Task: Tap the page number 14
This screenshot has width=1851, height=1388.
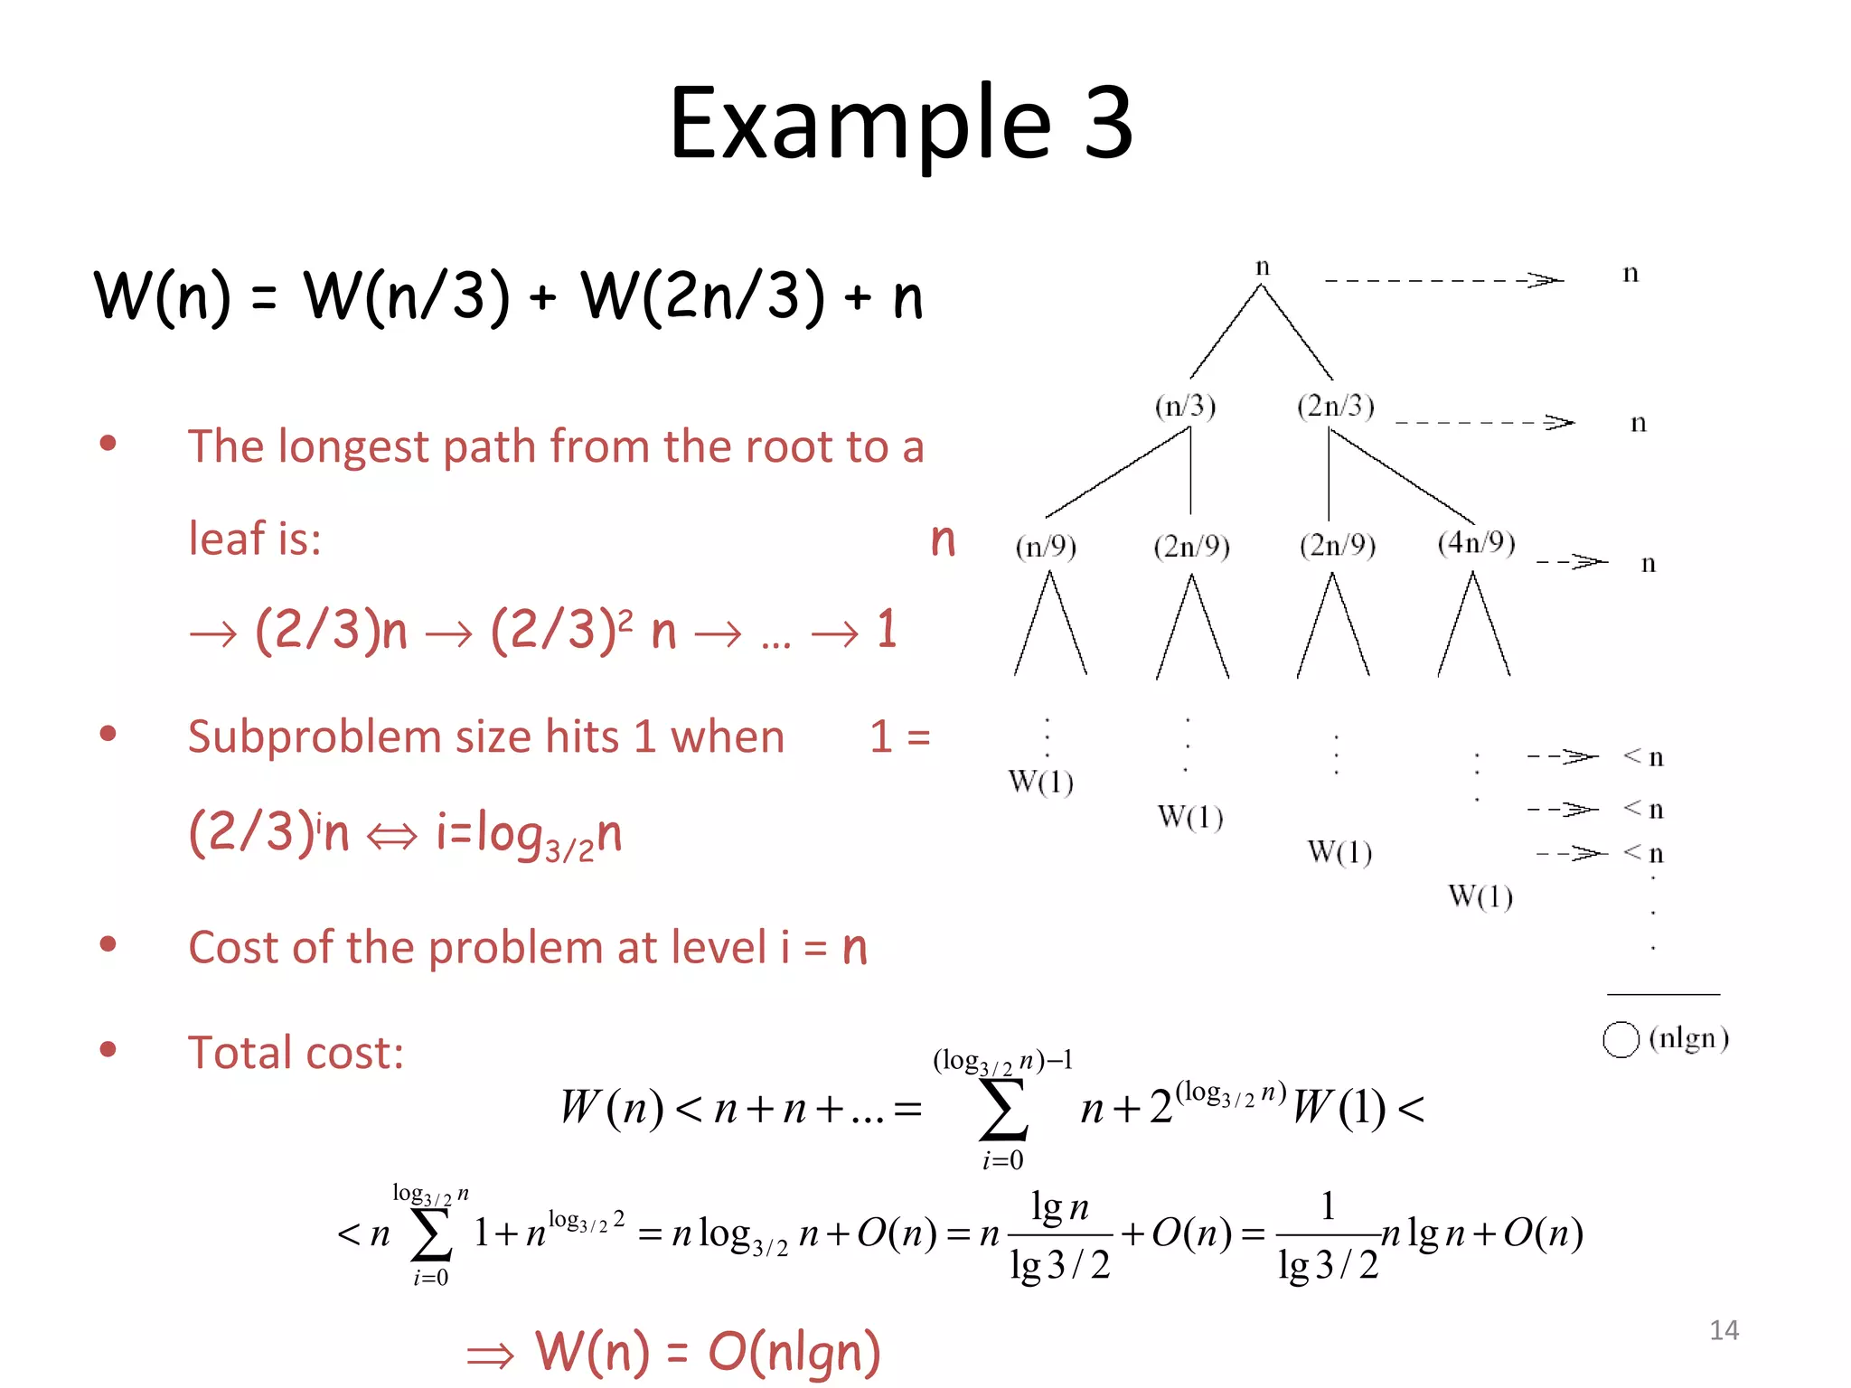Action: click(1724, 1329)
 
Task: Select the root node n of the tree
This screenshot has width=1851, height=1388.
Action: click(1263, 267)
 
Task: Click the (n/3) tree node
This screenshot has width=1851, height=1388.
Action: click(1185, 407)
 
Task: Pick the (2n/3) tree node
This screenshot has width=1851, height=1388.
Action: click(1335, 407)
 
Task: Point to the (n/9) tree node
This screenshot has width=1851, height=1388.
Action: click(1046, 547)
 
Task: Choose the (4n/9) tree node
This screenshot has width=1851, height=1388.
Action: click(1476, 542)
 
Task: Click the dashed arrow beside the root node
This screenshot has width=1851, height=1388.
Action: click(1443, 280)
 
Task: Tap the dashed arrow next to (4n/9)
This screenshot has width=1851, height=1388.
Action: click(1572, 562)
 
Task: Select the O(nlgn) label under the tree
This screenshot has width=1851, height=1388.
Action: click(1666, 1038)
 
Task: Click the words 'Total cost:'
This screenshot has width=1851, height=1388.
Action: click(296, 1053)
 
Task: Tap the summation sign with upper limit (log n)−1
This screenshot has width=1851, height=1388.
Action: click(1003, 1110)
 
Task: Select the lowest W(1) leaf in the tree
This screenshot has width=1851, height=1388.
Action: click(1480, 896)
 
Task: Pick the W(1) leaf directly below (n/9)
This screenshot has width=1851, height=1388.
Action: click(1040, 782)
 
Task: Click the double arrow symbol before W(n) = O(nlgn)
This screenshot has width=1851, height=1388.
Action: click(490, 1355)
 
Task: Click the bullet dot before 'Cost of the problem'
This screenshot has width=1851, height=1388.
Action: click(108, 945)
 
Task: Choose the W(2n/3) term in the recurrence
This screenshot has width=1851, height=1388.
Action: click(703, 296)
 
